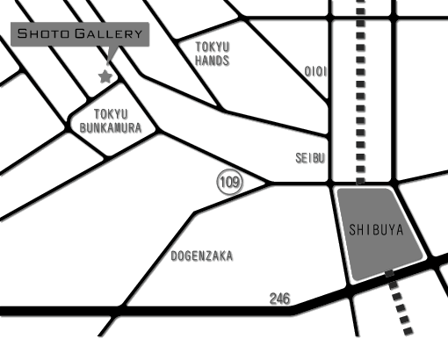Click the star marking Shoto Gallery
click(x=105, y=76)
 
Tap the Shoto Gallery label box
click(x=80, y=34)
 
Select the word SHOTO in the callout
click(x=43, y=33)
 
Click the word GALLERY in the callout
click(x=108, y=33)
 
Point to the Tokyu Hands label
click(x=213, y=54)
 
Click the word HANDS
click(x=213, y=61)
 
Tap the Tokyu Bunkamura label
click(x=111, y=121)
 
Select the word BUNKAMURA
click(x=111, y=128)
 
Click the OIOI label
click(x=315, y=71)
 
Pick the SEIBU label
click(x=310, y=158)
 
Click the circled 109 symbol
click(x=230, y=182)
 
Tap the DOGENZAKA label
click(x=202, y=256)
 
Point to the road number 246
click(x=280, y=299)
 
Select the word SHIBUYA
click(x=377, y=230)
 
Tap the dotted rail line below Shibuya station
click(x=399, y=302)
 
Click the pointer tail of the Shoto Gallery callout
click(x=112, y=54)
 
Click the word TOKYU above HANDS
click(x=213, y=47)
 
